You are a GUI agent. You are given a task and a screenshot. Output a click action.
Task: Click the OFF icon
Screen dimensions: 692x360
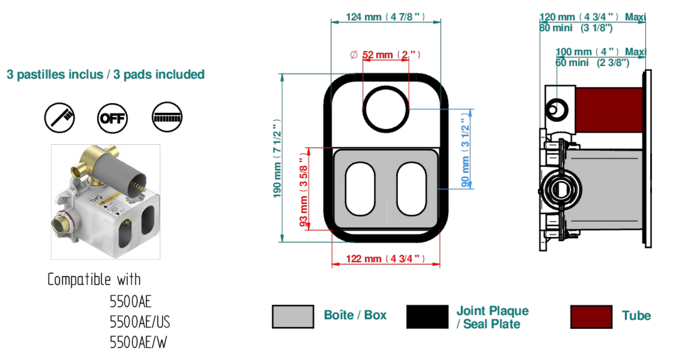pos(112,118)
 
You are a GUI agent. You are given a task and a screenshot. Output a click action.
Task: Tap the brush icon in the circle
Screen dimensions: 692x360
pos(59,118)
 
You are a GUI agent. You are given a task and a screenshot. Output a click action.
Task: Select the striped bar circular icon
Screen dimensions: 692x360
pos(167,117)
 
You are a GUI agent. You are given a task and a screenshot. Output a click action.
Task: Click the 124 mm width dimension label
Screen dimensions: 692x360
pos(385,17)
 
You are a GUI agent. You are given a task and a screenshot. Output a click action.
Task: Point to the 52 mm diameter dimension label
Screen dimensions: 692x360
pos(385,55)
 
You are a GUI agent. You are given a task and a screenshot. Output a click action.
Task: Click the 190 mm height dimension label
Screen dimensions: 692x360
pos(277,158)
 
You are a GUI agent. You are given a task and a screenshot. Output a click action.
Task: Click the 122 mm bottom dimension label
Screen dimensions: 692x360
pos(385,259)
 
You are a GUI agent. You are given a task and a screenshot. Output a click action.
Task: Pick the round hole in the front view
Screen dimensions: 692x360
pos(386,109)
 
